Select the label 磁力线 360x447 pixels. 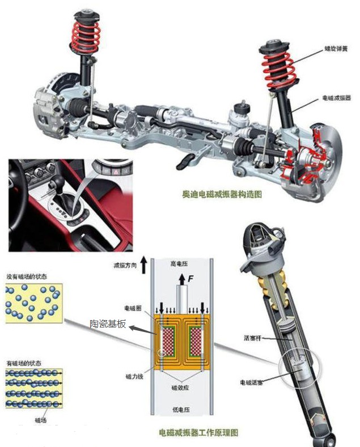click(134, 376)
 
